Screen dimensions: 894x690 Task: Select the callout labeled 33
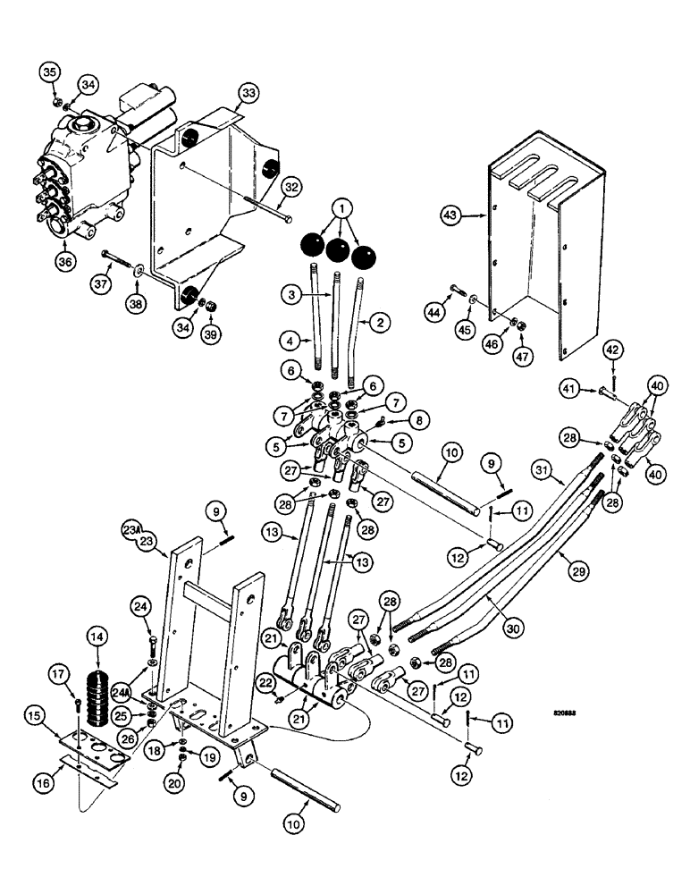(248, 93)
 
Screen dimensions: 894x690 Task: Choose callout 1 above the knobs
(340, 204)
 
